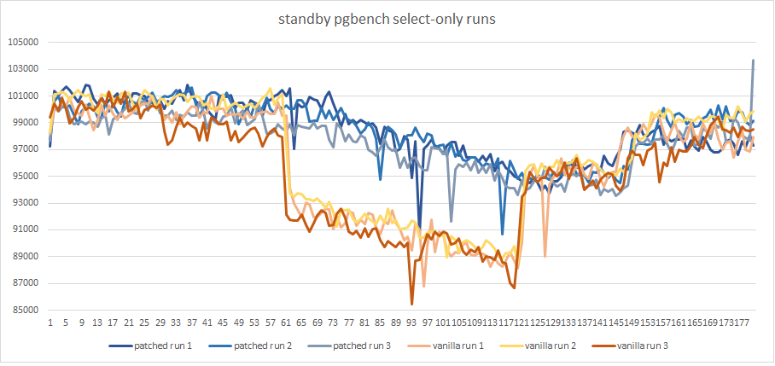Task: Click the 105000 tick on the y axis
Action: pos(24,42)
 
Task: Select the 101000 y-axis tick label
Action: pos(24,96)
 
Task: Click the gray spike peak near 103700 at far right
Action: pos(753,60)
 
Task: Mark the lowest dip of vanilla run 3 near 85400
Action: pos(412,304)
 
